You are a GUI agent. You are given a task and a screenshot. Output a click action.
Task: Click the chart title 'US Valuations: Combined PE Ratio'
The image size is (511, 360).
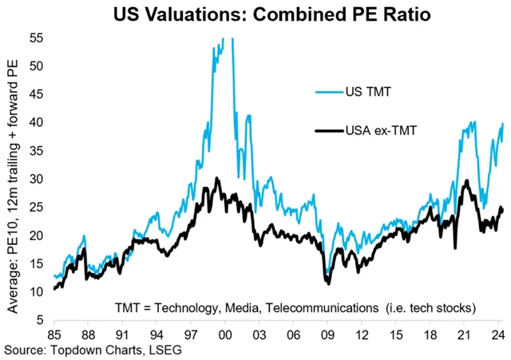(260, 14)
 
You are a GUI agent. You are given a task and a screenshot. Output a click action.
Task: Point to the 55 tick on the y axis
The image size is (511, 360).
(37, 38)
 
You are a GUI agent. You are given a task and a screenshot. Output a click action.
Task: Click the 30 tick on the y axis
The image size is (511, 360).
(37, 179)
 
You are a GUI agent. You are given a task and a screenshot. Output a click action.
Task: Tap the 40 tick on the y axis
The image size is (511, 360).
(37, 122)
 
